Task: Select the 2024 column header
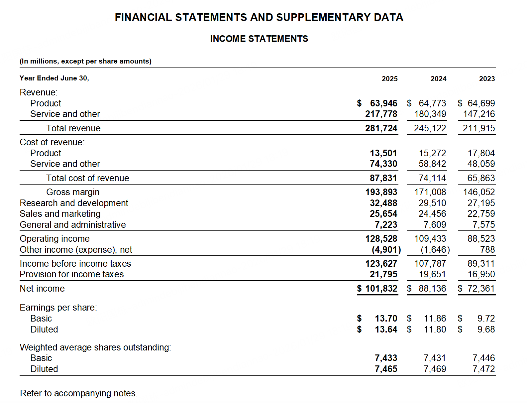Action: (438, 79)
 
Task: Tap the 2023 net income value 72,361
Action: (481, 289)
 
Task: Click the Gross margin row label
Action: (73, 192)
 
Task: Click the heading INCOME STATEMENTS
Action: (259, 39)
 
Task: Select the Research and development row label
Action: (74, 203)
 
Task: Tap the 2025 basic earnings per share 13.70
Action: (386, 319)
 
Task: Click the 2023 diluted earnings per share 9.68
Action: (486, 330)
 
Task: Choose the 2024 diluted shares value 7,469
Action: (435, 369)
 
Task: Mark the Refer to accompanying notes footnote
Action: (79, 393)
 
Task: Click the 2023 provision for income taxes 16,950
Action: (481, 274)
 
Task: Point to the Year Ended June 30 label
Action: (54, 78)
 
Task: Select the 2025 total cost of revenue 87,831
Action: (383, 178)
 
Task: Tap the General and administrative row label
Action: (73, 225)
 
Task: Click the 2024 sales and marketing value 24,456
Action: (432, 214)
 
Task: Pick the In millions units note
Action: (85, 61)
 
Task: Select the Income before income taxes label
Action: (75, 264)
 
